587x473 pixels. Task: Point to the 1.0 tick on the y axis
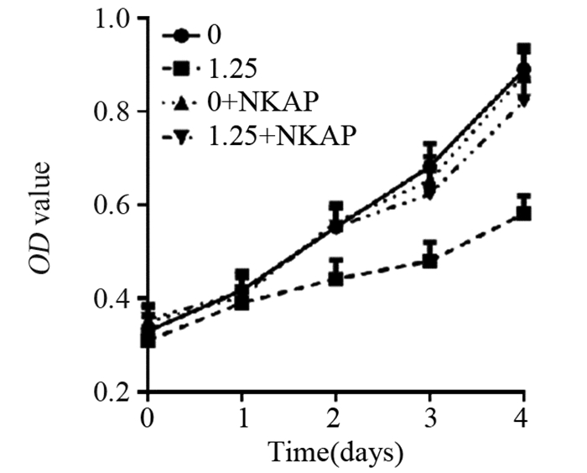tap(117, 20)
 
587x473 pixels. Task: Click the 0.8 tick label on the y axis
tap(117, 112)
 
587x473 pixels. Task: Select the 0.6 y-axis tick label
tap(117, 205)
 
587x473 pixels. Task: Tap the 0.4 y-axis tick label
tap(117, 299)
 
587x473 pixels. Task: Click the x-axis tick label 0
tap(148, 418)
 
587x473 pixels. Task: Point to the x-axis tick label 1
tap(242, 418)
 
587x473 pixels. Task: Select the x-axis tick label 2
tap(335, 418)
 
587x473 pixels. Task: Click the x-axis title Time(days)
tap(335, 454)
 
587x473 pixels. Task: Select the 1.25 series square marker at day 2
tap(335, 278)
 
